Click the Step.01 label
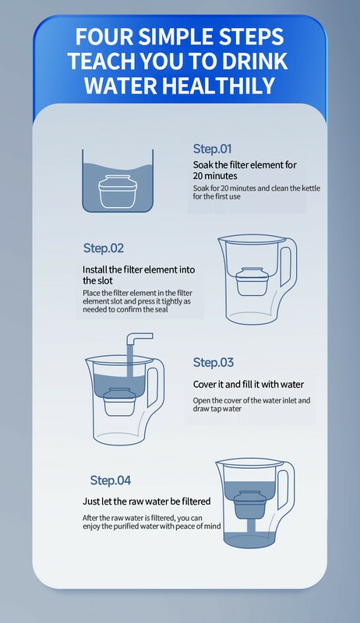212,149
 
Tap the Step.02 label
104,248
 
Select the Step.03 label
214,362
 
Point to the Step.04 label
111,480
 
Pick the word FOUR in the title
104,37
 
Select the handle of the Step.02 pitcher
288,262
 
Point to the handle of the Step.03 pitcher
155,382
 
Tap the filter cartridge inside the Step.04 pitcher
249,505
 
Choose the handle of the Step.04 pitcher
285,485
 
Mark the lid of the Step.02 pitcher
252,239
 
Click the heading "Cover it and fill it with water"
249,385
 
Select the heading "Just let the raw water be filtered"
146,502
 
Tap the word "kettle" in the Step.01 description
311,188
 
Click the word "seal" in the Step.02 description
160,309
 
